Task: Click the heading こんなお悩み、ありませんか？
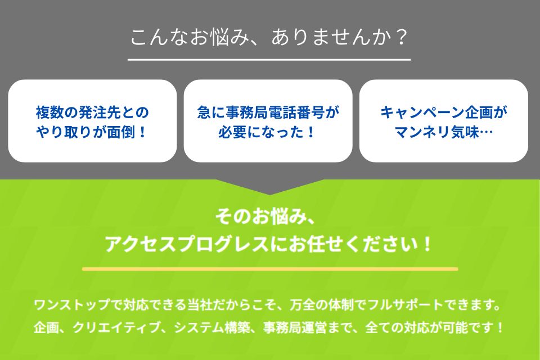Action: tap(269, 37)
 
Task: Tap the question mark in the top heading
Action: tap(400, 37)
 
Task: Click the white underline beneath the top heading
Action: tap(269, 60)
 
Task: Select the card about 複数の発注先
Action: tap(92, 121)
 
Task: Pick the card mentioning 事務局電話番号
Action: tap(268, 121)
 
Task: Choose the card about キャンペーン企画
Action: tap(444, 121)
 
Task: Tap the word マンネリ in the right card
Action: tap(422, 132)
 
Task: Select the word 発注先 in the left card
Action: tap(100, 112)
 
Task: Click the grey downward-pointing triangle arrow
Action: tap(269, 187)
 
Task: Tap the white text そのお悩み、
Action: tap(265, 217)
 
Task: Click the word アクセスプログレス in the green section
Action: tap(187, 244)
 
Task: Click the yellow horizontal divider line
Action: tap(270, 269)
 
